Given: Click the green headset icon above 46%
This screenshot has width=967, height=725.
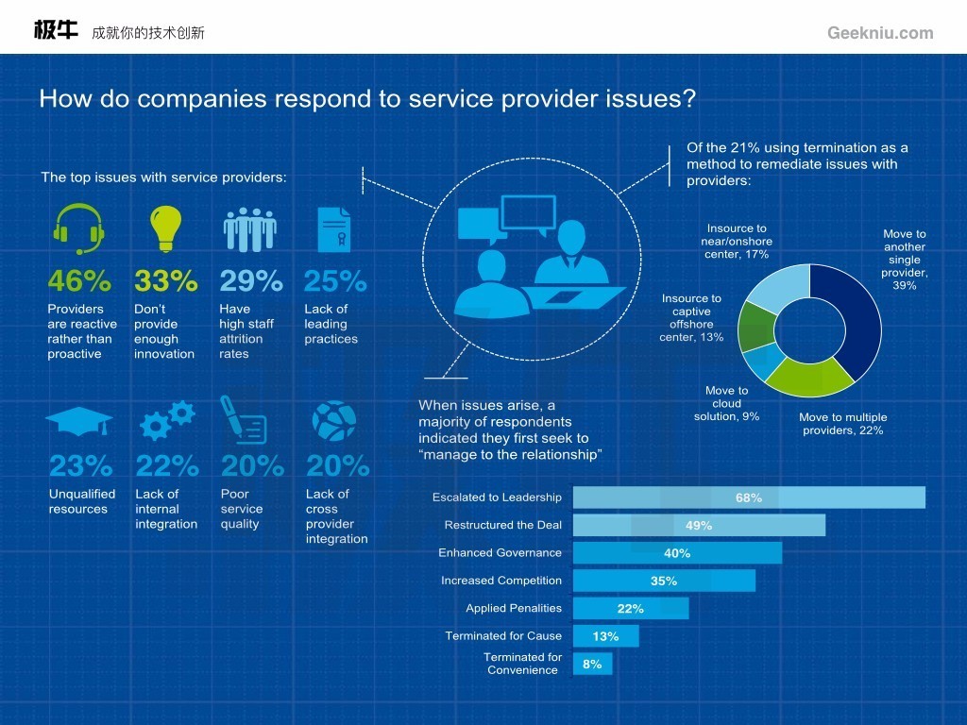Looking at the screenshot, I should [x=78, y=228].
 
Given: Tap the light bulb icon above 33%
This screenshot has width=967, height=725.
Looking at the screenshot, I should [x=165, y=228].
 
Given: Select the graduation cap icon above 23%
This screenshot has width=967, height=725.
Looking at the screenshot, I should [x=78, y=421].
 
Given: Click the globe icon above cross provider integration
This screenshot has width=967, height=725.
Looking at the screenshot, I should [x=333, y=421].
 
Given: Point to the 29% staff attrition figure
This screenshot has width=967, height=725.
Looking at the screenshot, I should [x=250, y=281].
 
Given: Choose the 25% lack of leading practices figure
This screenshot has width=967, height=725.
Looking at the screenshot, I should [x=334, y=281].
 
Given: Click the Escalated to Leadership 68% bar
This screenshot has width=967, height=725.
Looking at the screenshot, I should [x=749, y=497].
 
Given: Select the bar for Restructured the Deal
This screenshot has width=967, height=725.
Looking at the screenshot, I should [x=699, y=525].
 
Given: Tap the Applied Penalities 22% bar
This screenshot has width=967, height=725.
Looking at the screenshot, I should [x=631, y=609].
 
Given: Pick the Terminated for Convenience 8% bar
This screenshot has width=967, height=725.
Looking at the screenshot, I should [x=592, y=664].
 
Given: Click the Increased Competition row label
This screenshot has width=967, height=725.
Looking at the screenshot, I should [x=501, y=581].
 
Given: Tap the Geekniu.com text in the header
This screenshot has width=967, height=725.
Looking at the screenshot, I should [x=880, y=33].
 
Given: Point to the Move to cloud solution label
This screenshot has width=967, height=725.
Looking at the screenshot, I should [x=726, y=403].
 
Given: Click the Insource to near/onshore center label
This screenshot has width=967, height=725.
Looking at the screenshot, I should [x=737, y=241].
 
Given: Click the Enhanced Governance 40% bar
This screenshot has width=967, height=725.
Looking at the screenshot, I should [x=677, y=553].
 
